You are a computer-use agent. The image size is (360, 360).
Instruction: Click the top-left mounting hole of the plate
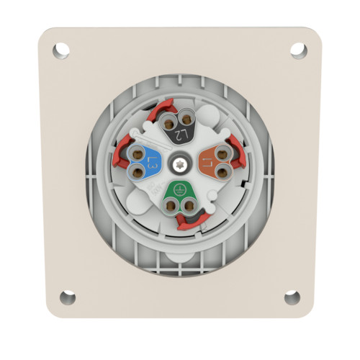click(61, 50)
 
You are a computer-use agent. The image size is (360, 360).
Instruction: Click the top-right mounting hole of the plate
click(298, 50)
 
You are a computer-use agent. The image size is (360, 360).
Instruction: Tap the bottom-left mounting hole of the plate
click(67, 297)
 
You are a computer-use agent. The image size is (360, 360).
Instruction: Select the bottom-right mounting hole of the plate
click(292, 297)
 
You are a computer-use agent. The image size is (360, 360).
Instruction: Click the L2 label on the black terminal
click(182, 134)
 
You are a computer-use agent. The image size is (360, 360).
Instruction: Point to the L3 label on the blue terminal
click(153, 163)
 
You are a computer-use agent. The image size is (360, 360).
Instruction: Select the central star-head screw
click(179, 163)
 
